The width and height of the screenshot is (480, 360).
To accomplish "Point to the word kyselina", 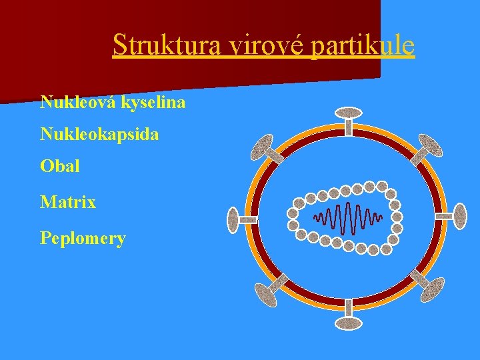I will [153, 103].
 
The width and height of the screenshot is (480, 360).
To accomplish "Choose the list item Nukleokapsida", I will [99, 135].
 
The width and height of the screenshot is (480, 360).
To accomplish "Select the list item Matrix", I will [68, 202].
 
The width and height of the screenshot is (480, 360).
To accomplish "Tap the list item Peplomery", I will [83, 238].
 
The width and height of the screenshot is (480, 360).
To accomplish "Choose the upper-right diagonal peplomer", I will [430, 145].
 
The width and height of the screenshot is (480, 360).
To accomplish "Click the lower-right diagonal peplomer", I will [431, 289].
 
